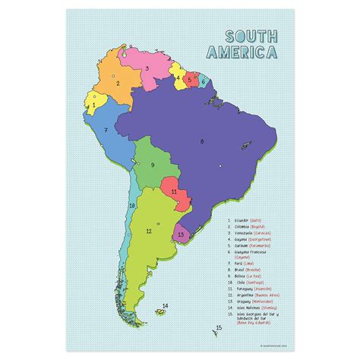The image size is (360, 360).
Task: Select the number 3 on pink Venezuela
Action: tap(146, 67)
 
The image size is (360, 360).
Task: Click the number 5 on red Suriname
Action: tap(189, 77)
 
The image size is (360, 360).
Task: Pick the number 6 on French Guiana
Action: tap(204, 79)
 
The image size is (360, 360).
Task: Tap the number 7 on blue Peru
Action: tap(106, 129)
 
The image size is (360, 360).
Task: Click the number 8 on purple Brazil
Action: tap(202, 141)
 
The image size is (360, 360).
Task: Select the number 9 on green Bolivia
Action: tap(152, 165)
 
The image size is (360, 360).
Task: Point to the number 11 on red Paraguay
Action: tap(174, 191)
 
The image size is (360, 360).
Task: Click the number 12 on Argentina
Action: tap(149, 231)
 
